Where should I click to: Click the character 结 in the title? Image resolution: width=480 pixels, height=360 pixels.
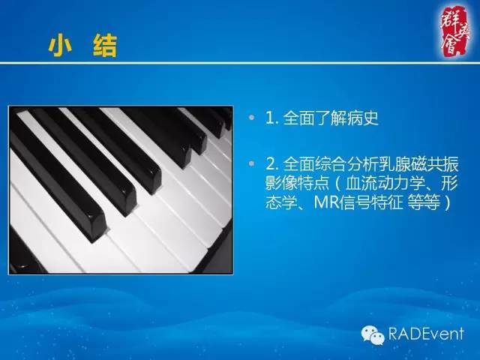[x=106, y=47]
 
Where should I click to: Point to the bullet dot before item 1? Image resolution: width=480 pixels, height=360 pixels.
[x=255, y=118]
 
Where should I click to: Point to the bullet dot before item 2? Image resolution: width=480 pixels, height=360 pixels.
[x=255, y=163]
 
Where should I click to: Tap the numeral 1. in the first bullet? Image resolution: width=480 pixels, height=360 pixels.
[x=272, y=118]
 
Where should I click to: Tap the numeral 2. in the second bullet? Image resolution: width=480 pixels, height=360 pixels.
[x=272, y=163]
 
